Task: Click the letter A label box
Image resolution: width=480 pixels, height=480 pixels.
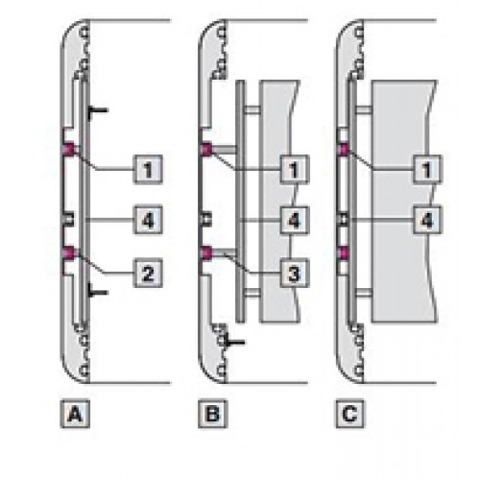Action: (75, 414)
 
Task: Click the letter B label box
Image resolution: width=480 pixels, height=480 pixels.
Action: (213, 414)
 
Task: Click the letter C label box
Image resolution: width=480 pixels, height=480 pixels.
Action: (350, 414)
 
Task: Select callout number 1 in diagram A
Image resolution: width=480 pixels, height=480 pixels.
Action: (148, 169)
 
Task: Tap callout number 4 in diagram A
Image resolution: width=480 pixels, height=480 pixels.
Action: (148, 220)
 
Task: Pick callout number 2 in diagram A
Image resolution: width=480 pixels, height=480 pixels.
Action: (148, 273)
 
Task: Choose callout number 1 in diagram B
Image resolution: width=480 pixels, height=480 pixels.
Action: (295, 169)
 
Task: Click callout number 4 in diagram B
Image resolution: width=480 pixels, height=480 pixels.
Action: (295, 220)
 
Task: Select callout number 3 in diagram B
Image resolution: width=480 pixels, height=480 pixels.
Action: (295, 273)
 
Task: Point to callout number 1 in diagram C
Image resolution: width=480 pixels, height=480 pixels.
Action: (427, 169)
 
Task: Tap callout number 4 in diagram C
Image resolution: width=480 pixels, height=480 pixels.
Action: (427, 220)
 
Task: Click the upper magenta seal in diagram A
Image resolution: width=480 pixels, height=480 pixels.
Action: (69, 150)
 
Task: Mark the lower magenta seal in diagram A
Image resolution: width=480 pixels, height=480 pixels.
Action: (69, 252)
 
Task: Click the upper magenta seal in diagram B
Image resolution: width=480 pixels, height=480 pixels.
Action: (206, 150)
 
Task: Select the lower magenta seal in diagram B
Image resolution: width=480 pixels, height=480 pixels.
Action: (206, 252)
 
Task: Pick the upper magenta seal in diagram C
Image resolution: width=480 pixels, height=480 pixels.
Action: (344, 150)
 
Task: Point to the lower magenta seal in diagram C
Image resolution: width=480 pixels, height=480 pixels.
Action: (344, 252)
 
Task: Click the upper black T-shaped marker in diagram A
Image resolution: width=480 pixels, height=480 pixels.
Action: (98, 110)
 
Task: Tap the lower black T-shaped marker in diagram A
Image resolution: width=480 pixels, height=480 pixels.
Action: (98, 292)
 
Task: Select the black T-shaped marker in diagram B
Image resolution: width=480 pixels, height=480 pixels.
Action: (235, 343)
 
